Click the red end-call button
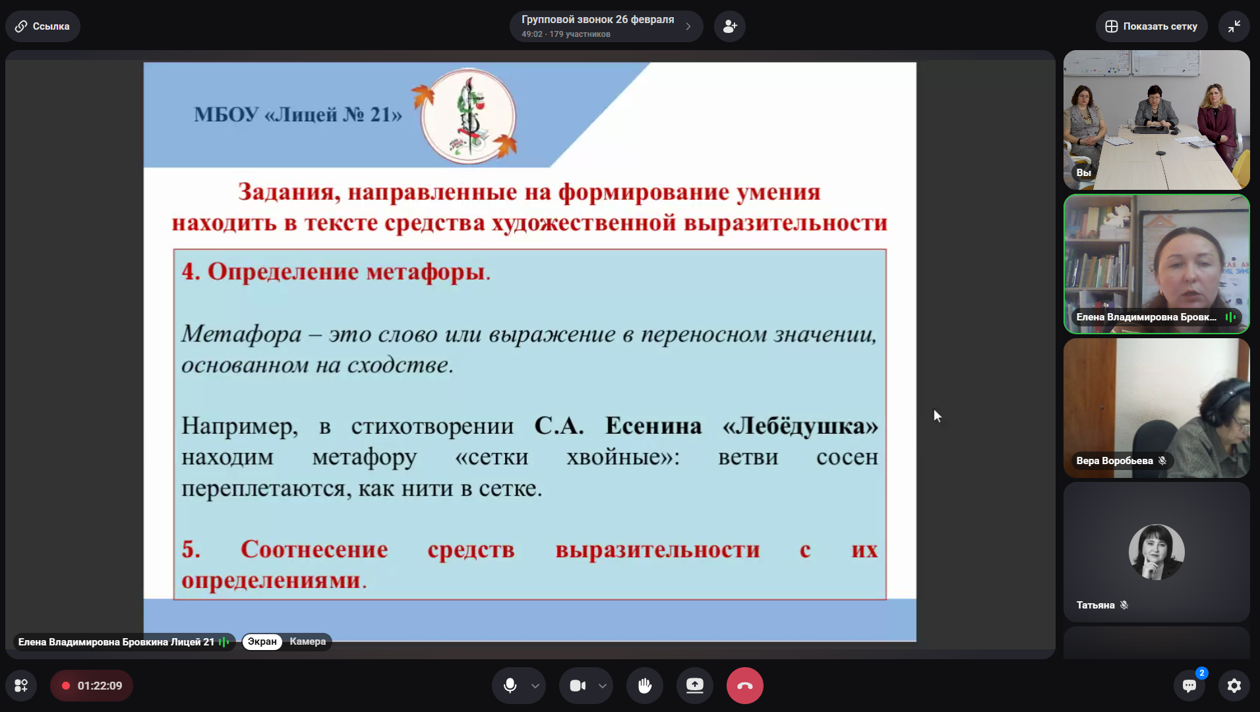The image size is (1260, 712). coord(744,686)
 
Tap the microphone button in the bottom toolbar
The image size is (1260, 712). coord(510,686)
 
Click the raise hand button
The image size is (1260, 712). coord(644,686)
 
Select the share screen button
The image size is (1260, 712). coord(694,686)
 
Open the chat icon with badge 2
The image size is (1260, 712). coord(1189,686)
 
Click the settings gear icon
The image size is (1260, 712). coord(1234,686)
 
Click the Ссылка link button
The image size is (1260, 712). coord(43,26)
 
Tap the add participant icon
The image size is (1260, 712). coord(730,26)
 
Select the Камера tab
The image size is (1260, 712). coord(307,641)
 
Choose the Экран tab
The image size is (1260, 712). coord(262,641)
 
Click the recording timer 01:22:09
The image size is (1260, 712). coord(92,686)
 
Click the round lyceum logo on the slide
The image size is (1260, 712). coord(468,116)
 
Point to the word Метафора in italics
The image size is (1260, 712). coord(241,334)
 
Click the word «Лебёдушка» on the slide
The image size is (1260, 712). coord(800,426)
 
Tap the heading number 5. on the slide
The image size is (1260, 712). coord(191,549)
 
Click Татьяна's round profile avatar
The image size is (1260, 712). coord(1156,552)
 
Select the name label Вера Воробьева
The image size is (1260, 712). coord(1114,461)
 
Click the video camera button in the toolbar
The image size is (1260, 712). coord(578,686)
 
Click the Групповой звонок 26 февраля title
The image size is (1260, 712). coord(597,20)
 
